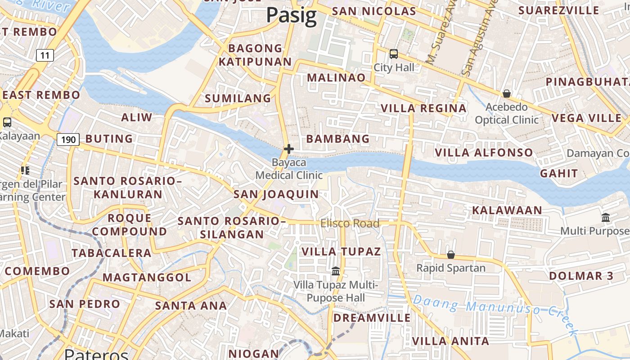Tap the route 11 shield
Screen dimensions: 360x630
[45, 55]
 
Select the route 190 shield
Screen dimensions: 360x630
[68, 139]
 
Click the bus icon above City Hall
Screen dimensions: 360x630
[394, 54]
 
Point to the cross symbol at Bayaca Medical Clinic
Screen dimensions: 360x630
[289, 149]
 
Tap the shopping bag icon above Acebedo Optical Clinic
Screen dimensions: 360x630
[507, 94]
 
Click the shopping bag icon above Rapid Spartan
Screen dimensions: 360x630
[450, 255]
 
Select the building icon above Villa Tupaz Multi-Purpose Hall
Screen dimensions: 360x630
[336, 271]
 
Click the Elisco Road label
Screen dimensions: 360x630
[350, 223]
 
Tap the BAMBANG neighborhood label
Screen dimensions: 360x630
[337, 139]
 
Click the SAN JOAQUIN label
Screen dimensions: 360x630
[276, 194]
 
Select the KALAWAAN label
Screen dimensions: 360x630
[507, 210]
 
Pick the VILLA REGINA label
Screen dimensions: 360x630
[423, 108]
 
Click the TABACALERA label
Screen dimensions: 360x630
[112, 253]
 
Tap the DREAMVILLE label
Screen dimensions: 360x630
[372, 318]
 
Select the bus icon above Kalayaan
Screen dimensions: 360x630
[7, 122]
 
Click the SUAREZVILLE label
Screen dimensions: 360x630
[565, 10]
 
